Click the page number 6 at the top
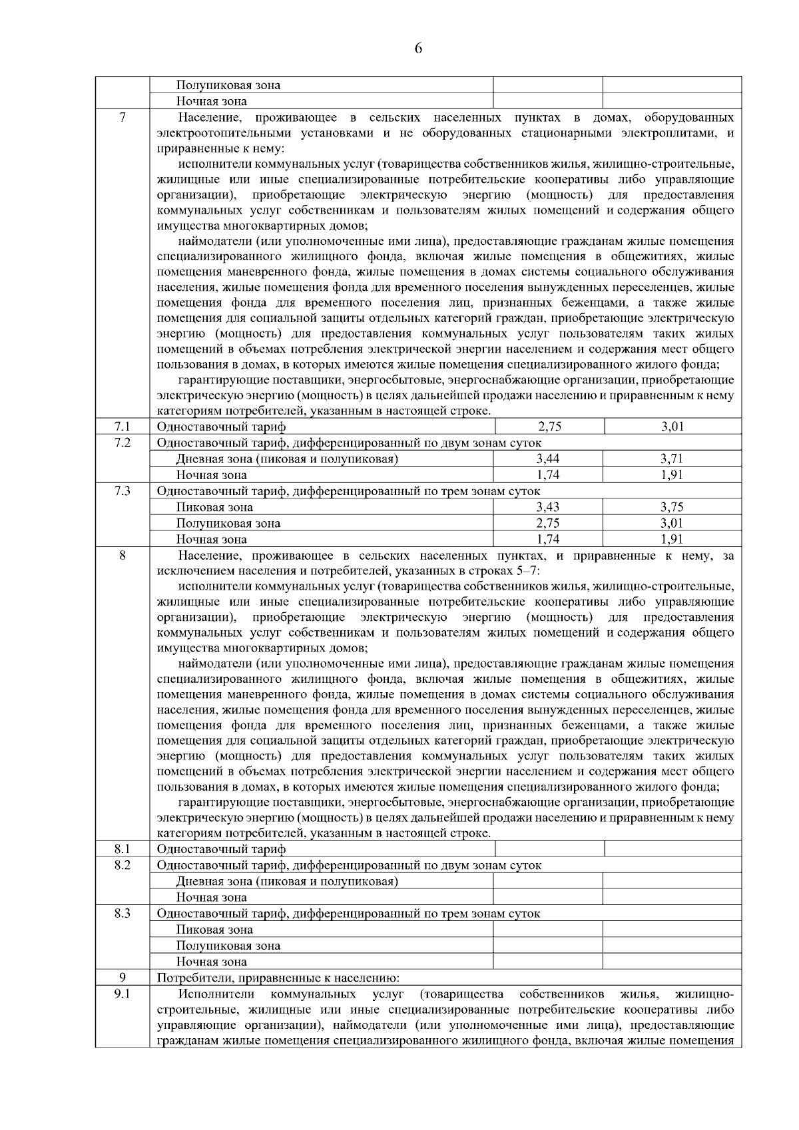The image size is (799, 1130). (x=418, y=48)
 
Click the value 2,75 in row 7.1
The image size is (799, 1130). (x=548, y=427)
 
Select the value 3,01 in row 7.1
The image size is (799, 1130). (x=672, y=427)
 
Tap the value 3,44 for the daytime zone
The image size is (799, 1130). (x=548, y=459)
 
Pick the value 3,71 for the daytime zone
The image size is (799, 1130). (x=672, y=459)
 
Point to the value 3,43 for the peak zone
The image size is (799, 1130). (x=548, y=506)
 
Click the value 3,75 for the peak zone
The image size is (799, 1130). (x=672, y=506)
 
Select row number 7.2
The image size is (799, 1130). (x=122, y=443)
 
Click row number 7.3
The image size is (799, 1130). (x=122, y=490)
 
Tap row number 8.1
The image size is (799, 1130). (x=122, y=848)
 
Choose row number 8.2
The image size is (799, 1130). (x=122, y=864)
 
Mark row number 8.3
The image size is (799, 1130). (x=122, y=913)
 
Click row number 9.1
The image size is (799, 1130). (x=122, y=994)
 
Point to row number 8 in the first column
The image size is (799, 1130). (x=122, y=555)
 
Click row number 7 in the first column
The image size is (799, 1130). (x=122, y=118)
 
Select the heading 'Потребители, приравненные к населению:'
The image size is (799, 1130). (x=278, y=978)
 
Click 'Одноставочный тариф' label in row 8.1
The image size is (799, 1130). (x=221, y=849)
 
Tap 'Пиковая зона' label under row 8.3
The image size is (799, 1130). (x=214, y=930)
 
